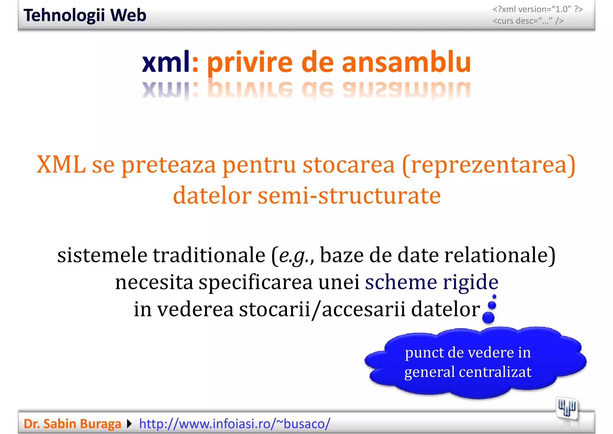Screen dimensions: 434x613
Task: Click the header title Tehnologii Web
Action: pos(85,15)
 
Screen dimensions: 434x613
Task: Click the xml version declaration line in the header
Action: pos(538,9)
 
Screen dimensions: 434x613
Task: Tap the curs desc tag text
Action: pos(528,21)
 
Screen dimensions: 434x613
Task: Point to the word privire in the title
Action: pos(250,63)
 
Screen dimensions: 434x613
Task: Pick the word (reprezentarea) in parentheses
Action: pos(488,165)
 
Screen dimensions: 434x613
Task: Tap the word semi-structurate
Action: pos(349,195)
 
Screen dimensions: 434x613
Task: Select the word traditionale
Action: pos(209,255)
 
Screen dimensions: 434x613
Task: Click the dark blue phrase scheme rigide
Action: pos(432,282)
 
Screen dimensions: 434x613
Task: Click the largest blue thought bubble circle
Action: pos(488,318)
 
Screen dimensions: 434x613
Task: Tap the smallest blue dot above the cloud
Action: pos(494,296)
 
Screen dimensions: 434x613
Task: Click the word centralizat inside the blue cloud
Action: pos(495,372)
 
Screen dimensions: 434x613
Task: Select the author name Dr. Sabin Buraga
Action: pos(72,424)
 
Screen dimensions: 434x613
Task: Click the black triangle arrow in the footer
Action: pos(129,424)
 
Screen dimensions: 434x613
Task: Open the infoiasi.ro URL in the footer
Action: pos(235,424)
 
